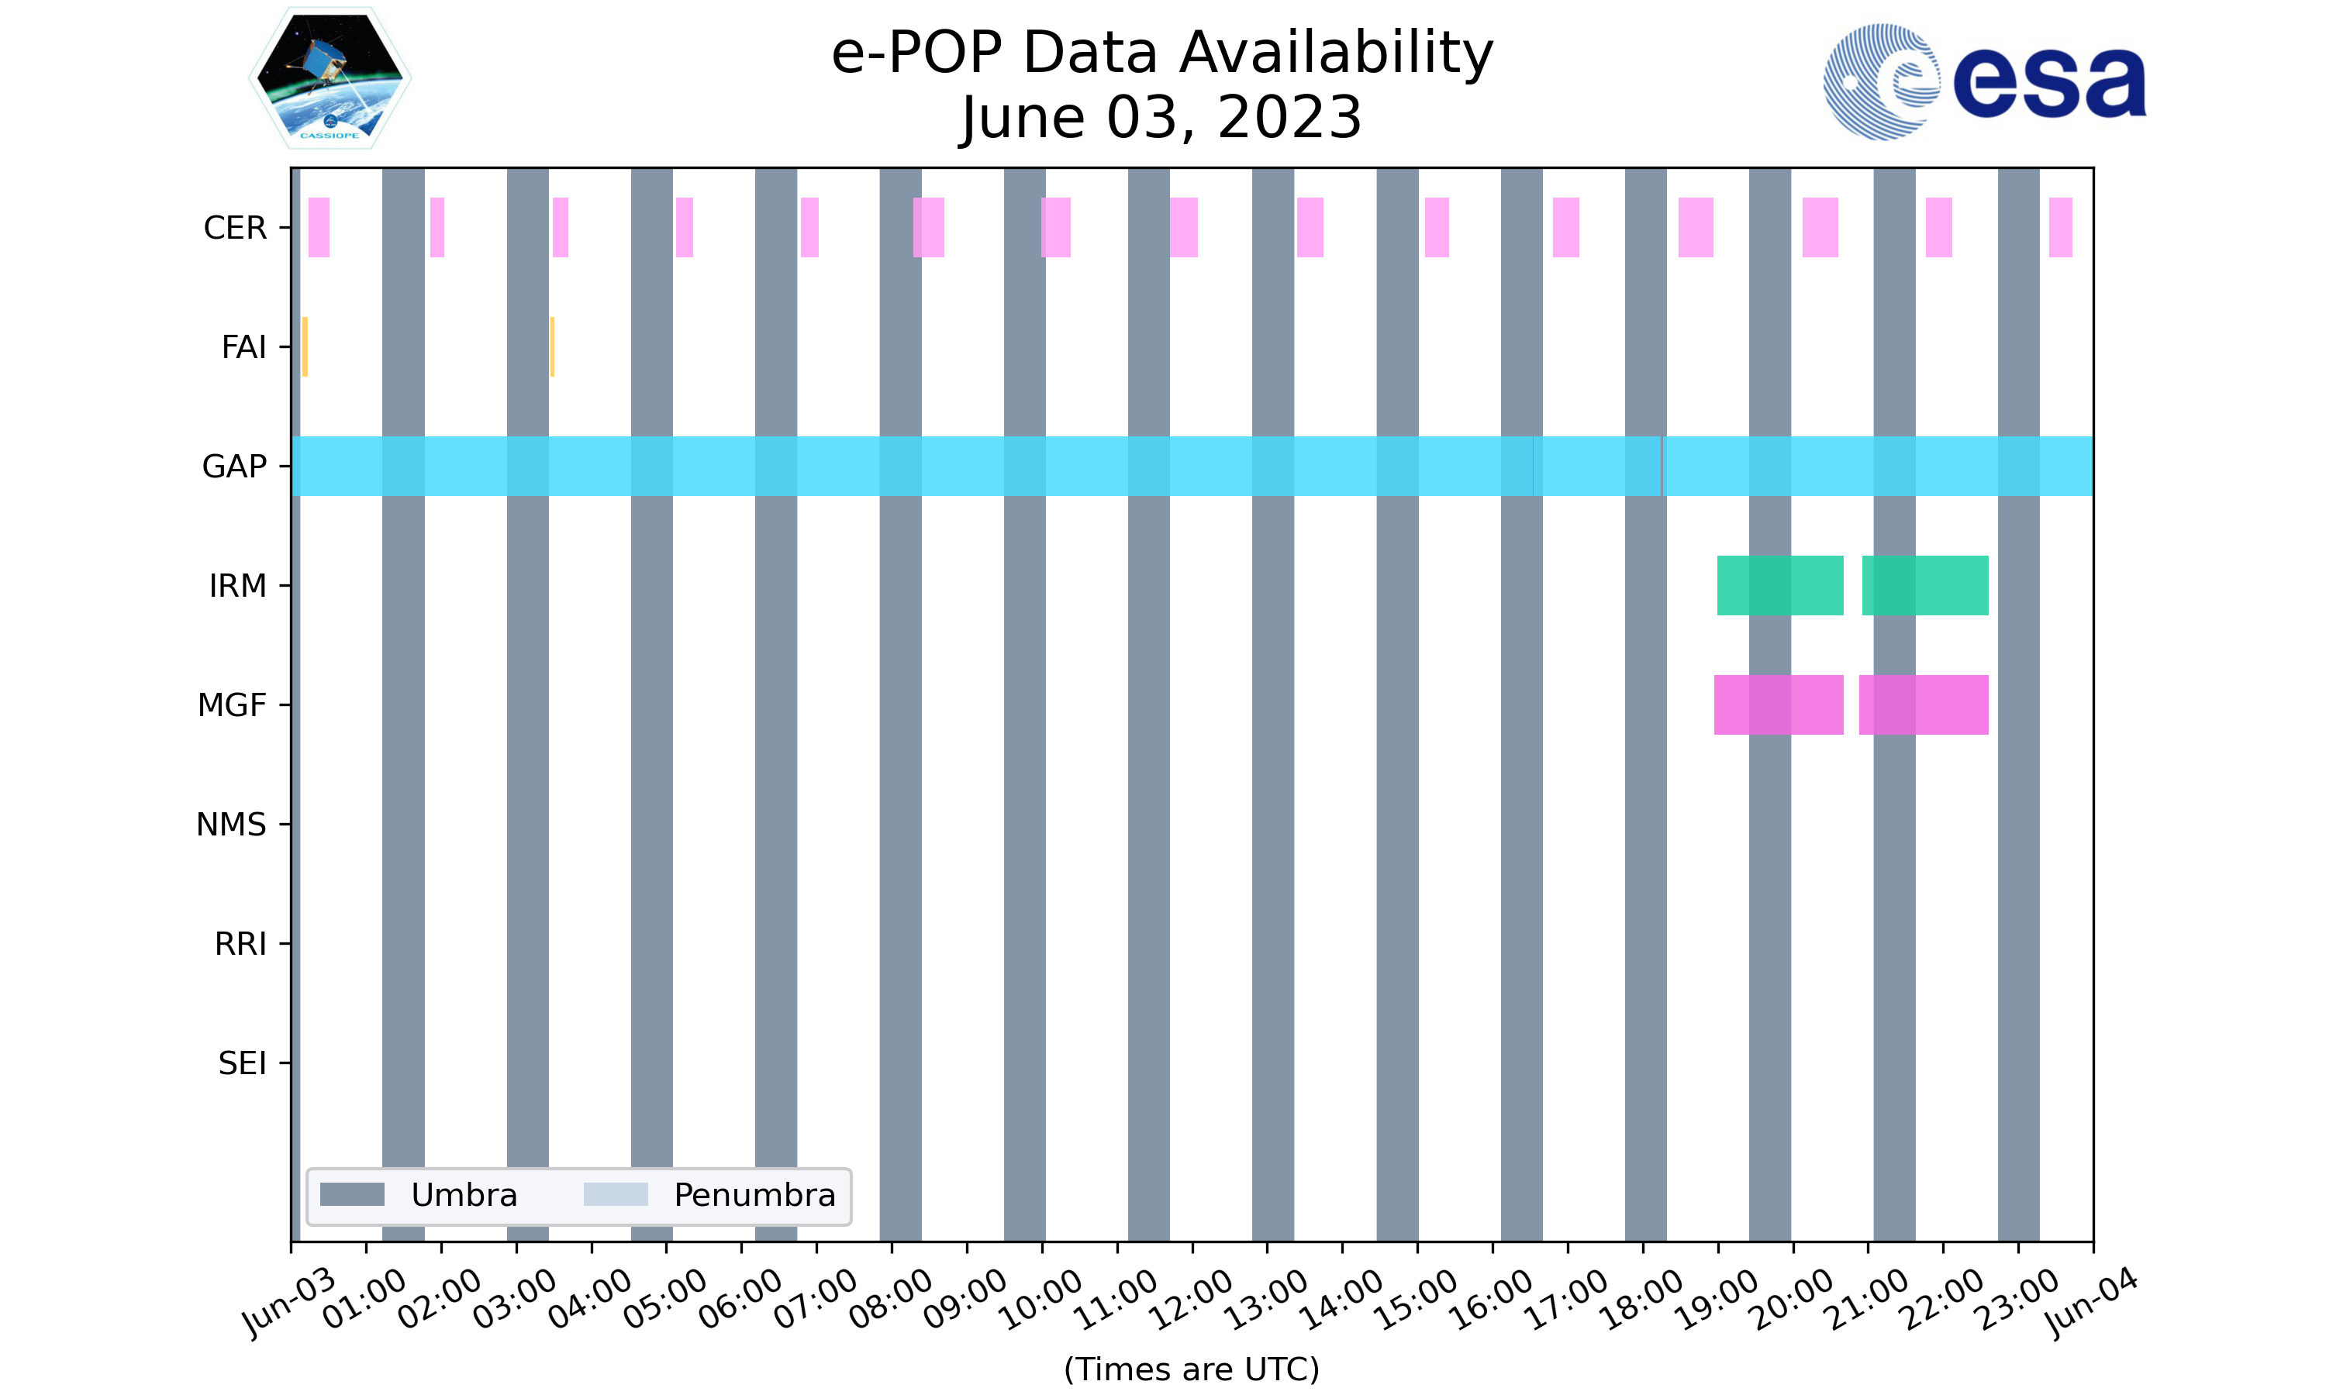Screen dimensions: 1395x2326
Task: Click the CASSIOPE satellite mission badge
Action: pos(330,78)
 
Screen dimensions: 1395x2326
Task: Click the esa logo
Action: pos(1984,82)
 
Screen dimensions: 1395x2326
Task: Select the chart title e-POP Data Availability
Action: pos(1162,53)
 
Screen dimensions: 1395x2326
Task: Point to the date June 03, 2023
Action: pos(1162,119)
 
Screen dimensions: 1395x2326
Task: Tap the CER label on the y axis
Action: pos(235,228)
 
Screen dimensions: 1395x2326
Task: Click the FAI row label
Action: pos(243,347)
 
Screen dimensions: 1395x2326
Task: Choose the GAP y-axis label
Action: pos(234,467)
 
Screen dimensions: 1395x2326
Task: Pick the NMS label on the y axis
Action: pos(231,825)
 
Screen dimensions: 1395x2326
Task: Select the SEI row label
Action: pos(242,1063)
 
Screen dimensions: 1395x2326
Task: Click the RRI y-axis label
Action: pos(240,944)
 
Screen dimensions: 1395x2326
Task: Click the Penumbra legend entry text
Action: pos(754,1195)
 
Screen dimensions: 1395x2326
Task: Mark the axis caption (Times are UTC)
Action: pos(1191,1369)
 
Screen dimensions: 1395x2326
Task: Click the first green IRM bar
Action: pos(1779,586)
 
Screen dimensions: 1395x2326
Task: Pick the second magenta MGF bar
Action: pos(1924,705)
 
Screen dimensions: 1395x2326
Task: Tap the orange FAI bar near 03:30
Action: pos(552,347)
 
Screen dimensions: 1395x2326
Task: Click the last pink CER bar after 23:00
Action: pos(2060,228)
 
